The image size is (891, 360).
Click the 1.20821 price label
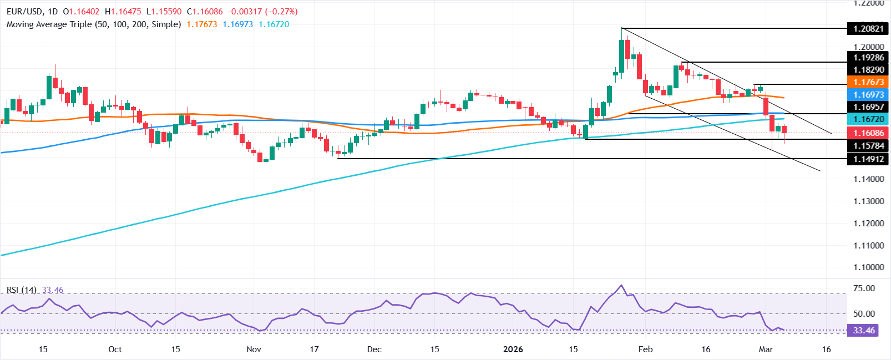[868, 29]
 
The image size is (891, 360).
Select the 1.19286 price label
[868, 58]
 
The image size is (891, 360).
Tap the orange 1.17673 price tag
[868, 82]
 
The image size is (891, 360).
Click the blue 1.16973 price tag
[868, 95]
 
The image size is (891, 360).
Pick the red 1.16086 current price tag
[868, 133]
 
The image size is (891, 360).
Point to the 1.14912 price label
[868, 159]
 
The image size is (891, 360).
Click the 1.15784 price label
[868, 146]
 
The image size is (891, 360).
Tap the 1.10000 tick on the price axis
[868, 267]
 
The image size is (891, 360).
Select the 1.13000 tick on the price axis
[868, 201]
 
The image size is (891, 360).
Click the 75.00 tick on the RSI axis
[863, 288]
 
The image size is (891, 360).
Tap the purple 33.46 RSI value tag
[863, 331]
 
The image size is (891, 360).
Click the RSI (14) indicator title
[21, 290]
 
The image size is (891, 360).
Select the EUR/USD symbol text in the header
[22, 12]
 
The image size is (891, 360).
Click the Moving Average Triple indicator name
[94, 24]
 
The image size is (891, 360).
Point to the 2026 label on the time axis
[513, 349]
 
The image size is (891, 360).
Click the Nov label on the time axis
[254, 349]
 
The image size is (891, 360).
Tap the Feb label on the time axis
[645, 349]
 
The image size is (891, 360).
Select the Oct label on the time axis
[115, 349]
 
